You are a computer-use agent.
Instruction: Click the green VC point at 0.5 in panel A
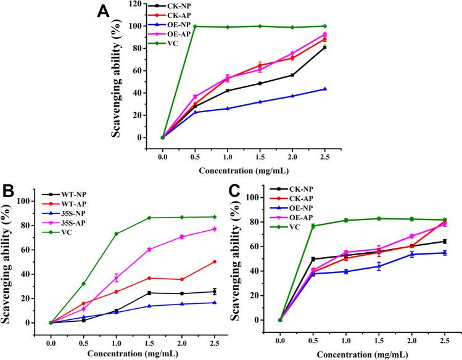(195, 27)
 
